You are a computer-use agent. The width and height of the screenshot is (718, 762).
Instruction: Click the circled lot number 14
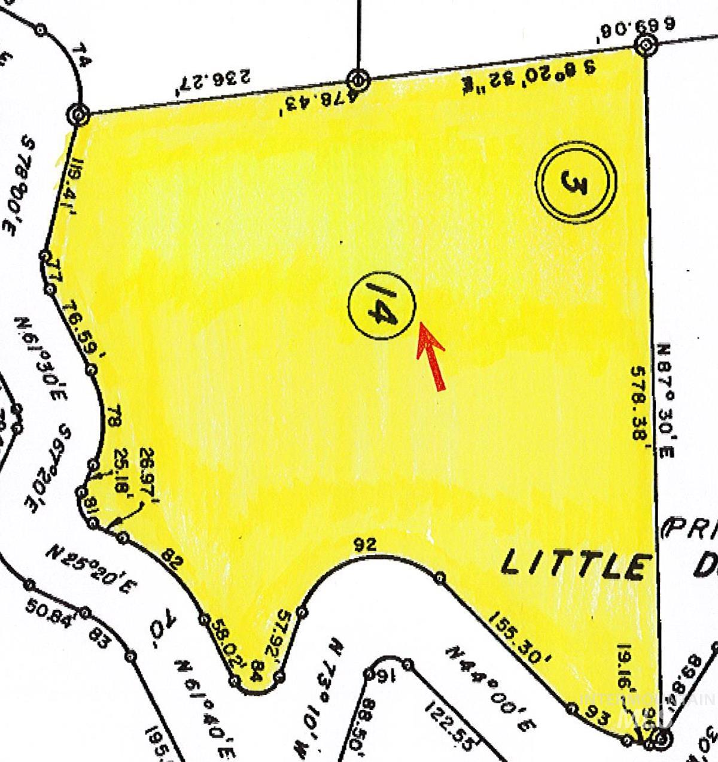pos(382,307)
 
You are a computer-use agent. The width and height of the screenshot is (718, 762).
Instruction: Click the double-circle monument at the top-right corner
pos(646,45)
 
